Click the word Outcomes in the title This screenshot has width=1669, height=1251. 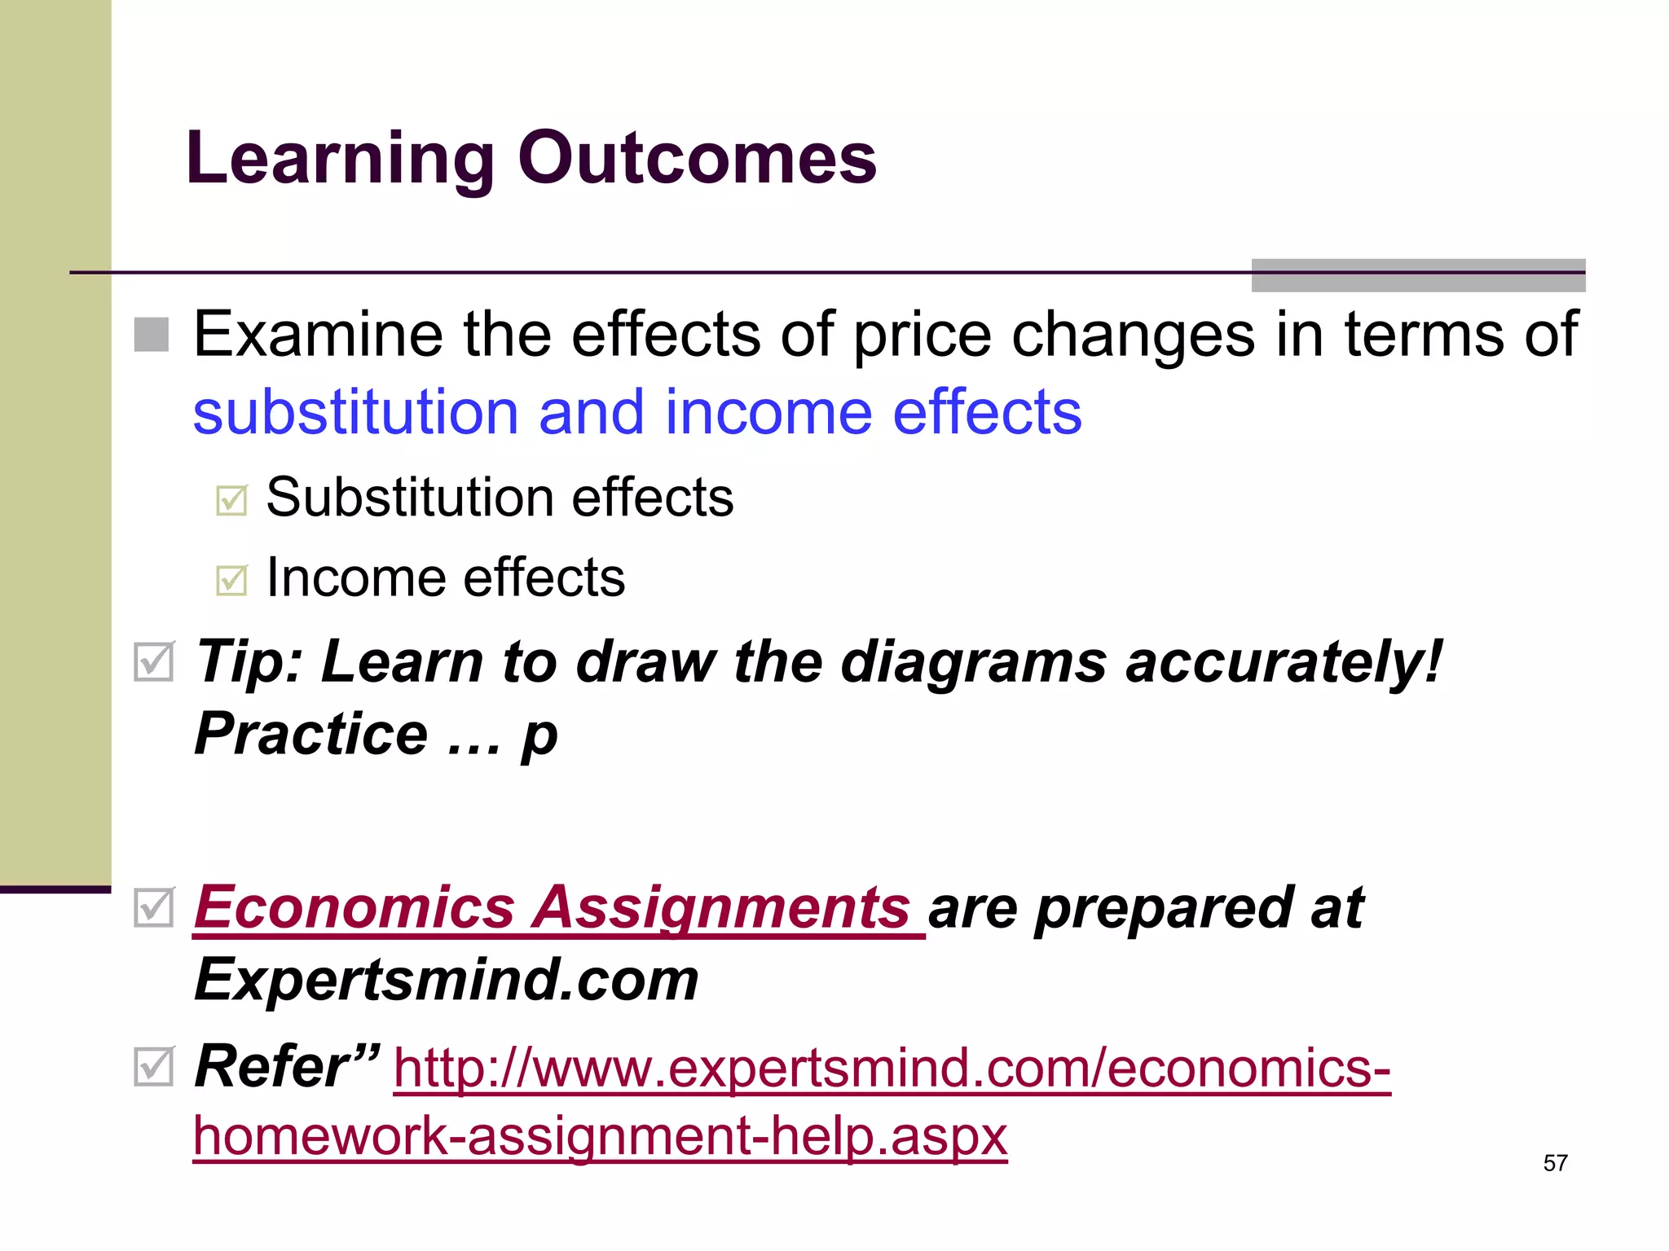tap(697, 158)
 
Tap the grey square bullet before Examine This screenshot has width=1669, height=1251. tap(152, 335)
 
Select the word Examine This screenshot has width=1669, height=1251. tap(319, 335)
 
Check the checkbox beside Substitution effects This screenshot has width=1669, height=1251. tap(231, 500)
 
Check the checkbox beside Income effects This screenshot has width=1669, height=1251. tap(231, 580)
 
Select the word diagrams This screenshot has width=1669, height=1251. tap(973, 661)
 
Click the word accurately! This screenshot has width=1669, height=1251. tap(1284, 661)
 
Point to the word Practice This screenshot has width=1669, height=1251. tap(310, 734)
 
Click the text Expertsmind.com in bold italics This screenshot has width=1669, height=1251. tap(447, 980)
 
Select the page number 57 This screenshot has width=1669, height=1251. tap(1555, 1163)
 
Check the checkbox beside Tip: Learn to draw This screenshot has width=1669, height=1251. tap(153, 661)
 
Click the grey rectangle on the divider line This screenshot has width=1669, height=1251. tap(1418, 275)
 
